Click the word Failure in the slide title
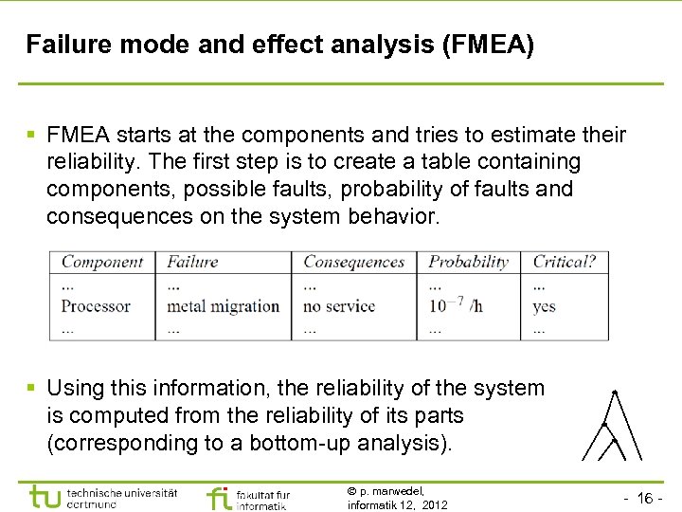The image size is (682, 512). [x=64, y=45]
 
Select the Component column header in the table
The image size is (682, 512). [x=101, y=263]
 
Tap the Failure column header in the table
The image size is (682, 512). [x=192, y=263]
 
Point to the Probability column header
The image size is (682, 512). [x=468, y=263]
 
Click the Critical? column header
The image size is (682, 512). [x=565, y=263]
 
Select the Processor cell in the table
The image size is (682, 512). [x=96, y=306]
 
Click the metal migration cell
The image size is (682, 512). [x=223, y=306]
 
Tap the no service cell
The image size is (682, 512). [x=339, y=306]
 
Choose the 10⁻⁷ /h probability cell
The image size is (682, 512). [x=456, y=305]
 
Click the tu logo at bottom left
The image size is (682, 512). [x=46, y=496]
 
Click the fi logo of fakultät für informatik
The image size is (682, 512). [x=218, y=498]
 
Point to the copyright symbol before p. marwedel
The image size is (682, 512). [x=351, y=491]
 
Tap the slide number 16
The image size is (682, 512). [x=648, y=499]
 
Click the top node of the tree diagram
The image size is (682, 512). [x=615, y=392]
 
